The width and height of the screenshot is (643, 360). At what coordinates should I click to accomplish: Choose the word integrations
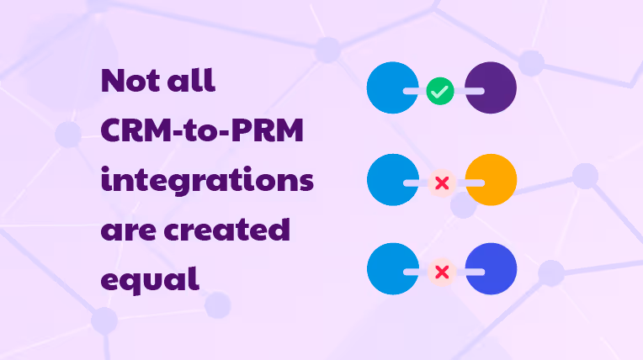point(207,182)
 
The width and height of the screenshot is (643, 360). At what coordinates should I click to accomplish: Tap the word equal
point(150,279)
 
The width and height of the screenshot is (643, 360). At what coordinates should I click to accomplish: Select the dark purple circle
point(491,87)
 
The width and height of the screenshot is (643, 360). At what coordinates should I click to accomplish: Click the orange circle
point(491,180)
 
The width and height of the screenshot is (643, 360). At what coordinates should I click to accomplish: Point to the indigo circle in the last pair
point(491,270)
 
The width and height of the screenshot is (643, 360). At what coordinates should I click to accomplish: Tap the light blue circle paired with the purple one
point(392,87)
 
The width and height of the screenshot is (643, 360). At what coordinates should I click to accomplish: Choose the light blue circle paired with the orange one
point(392,180)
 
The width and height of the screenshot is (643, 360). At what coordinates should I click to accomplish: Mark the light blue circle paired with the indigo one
point(392,270)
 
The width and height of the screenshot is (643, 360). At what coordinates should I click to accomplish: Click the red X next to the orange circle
point(440,182)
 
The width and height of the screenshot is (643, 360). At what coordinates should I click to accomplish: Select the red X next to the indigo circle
point(440,272)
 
